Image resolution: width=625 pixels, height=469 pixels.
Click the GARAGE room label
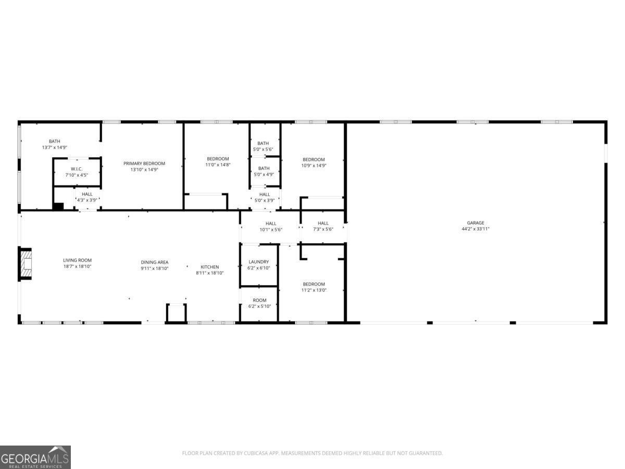point(475,223)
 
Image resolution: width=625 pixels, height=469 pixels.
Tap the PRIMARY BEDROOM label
point(144,164)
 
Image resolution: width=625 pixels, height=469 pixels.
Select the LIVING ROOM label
point(77,260)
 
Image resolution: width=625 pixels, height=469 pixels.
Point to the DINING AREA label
point(155,262)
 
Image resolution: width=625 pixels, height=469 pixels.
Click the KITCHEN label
point(210,267)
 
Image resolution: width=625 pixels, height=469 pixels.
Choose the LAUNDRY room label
point(259,262)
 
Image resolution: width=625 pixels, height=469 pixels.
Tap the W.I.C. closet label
point(77,169)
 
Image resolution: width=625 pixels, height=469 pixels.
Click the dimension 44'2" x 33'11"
point(475,229)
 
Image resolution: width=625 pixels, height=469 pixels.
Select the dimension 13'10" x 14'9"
point(144,169)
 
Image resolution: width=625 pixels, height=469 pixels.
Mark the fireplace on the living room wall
point(26,264)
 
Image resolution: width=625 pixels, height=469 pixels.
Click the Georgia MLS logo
point(35,457)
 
